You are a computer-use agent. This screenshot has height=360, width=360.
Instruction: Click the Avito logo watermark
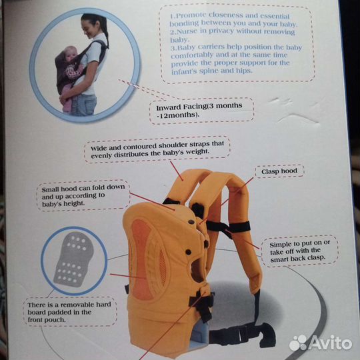pos(320,343)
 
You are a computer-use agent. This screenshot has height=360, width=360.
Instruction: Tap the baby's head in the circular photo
pos(70,54)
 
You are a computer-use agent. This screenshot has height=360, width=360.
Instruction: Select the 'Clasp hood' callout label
pos(279,171)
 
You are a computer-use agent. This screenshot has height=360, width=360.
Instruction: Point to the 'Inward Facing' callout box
pos(201,111)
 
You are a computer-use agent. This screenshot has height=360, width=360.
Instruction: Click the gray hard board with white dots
pos(74,259)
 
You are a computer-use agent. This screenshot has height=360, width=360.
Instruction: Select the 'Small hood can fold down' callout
pos(83,195)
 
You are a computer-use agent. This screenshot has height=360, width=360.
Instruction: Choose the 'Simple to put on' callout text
pos(299,251)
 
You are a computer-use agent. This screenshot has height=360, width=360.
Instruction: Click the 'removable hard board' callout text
pos(69,312)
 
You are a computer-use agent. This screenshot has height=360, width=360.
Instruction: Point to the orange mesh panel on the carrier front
pos(143,259)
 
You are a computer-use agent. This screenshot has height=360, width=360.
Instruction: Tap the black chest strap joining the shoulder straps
pos(228,227)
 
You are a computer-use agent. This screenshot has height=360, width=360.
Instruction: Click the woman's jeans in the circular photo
pos(83,105)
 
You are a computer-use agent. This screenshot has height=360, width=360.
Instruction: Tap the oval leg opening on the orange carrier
pos(197,271)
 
